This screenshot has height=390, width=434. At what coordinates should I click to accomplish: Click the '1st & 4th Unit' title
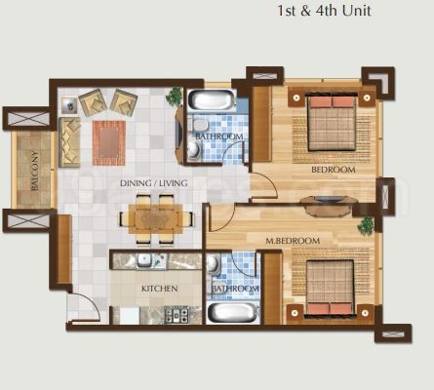click(x=324, y=11)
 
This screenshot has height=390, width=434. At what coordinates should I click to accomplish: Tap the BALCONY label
click(x=35, y=171)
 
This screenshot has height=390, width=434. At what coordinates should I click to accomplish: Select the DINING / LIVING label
click(x=154, y=183)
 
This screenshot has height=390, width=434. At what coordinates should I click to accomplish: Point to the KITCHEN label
click(x=160, y=289)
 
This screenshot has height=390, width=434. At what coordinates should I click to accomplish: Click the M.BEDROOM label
click(x=293, y=241)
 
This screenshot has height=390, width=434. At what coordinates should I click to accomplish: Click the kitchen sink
click(x=144, y=260)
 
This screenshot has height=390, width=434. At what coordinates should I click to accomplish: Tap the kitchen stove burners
click(x=177, y=314)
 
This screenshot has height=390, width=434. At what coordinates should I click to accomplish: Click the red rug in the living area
click(x=109, y=143)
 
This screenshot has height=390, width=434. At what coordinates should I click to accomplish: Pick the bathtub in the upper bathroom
click(x=213, y=100)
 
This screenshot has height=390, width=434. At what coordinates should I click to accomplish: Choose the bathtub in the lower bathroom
click(x=232, y=313)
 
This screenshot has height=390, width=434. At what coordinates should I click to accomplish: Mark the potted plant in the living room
click(x=175, y=97)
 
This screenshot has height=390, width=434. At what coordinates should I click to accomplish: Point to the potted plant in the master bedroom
click(x=367, y=225)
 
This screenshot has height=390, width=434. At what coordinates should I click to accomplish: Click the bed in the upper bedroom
click(x=332, y=123)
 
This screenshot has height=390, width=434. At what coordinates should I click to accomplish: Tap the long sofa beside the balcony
click(x=69, y=142)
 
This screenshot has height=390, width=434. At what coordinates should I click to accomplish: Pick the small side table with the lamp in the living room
click(x=69, y=105)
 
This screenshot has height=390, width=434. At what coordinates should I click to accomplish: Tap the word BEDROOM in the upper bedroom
click(x=334, y=170)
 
